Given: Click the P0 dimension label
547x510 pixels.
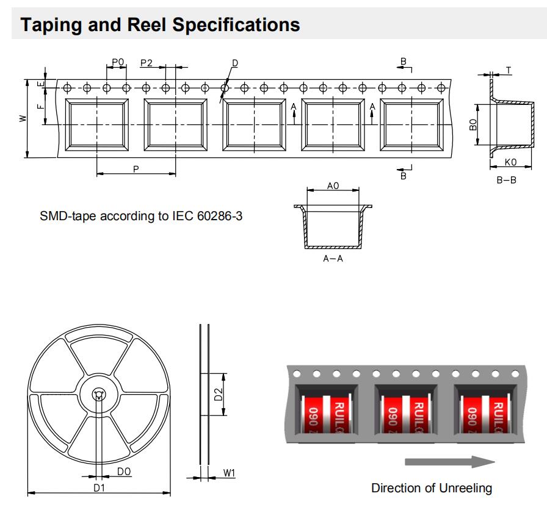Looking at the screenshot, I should click(118, 62).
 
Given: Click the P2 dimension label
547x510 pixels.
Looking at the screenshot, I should click(147, 63).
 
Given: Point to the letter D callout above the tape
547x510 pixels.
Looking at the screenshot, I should click(235, 63).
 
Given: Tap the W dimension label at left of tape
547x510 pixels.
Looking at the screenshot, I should click(22, 118).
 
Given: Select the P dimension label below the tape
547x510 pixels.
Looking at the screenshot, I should click(136, 169).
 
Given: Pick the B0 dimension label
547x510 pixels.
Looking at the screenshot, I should click(473, 125).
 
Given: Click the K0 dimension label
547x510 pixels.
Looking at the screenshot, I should click(510, 162).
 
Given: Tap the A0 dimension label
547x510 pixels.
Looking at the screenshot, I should click(333, 185).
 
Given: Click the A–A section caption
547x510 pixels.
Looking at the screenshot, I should click(333, 259).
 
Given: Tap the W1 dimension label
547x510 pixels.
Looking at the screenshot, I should click(230, 473).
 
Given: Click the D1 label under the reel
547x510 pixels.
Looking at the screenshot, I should click(99, 488).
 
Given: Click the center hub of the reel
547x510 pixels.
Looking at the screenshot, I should click(98, 395).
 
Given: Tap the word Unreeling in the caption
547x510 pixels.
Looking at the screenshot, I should click(464, 488).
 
